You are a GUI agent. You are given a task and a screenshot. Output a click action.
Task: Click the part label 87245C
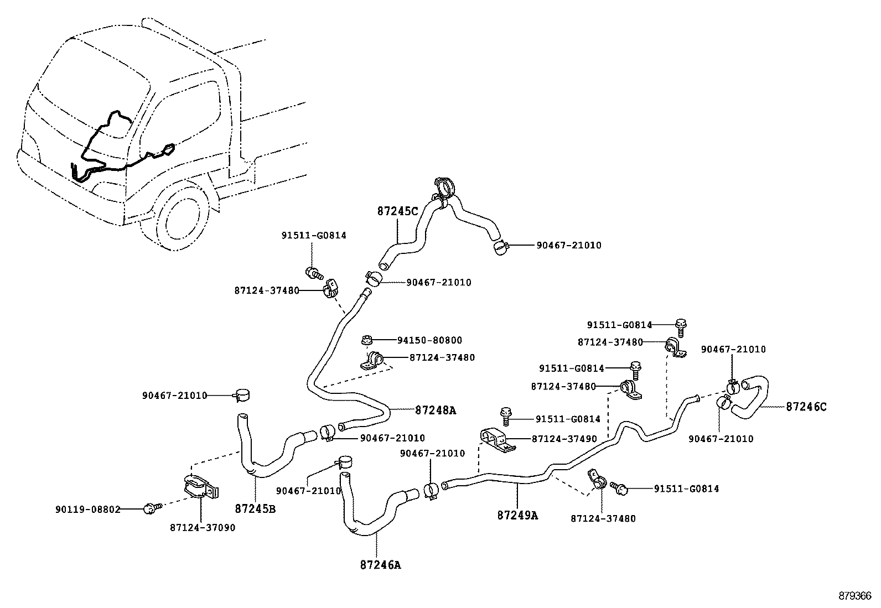pos(398,211)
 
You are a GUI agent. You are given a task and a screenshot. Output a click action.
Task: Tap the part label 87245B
pos(255,508)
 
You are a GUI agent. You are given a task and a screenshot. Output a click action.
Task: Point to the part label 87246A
pos(380,565)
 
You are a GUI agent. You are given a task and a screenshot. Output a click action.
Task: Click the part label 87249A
pos(517,515)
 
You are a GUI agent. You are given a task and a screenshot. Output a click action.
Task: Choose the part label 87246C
pos(806,407)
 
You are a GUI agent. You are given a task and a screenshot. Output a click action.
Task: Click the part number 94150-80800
pos(429,340)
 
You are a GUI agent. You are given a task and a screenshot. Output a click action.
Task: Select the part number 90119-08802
pos(88,509)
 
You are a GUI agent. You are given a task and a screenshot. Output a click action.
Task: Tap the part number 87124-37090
pos(203,528)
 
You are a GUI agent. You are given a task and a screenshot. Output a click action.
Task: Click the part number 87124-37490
pos(564,439)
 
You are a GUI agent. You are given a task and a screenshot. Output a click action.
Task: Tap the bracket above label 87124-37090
pos(199,486)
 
